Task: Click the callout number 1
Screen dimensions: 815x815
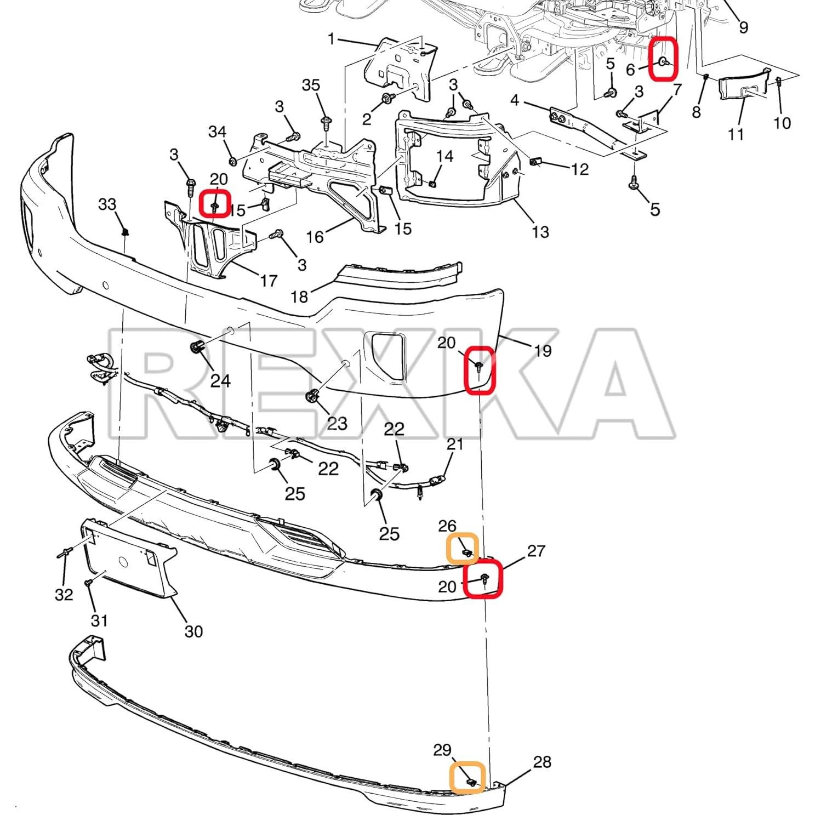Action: click(x=330, y=39)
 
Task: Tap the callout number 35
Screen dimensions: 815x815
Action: click(x=311, y=85)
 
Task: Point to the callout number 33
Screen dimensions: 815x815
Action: click(x=107, y=204)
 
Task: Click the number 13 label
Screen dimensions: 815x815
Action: click(x=540, y=232)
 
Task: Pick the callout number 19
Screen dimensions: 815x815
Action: click(x=542, y=351)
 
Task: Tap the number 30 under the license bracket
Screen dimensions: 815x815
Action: click(x=193, y=631)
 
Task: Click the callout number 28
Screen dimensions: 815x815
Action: click(x=542, y=761)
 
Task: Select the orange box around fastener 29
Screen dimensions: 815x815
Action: click(x=468, y=777)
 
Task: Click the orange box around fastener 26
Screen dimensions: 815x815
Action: click(x=463, y=549)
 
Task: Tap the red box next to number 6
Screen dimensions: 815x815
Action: click(x=664, y=60)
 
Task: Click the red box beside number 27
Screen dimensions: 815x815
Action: click(x=482, y=578)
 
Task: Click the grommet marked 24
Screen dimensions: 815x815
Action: click(x=196, y=347)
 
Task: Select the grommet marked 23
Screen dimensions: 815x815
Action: click(x=312, y=396)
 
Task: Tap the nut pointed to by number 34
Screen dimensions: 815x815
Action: click(x=232, y=161)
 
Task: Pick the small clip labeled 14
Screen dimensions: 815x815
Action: click(x=432, y=183)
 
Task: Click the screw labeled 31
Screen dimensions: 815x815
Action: click(x=88, y=584)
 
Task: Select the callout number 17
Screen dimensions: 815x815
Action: click(x=268, y=281)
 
